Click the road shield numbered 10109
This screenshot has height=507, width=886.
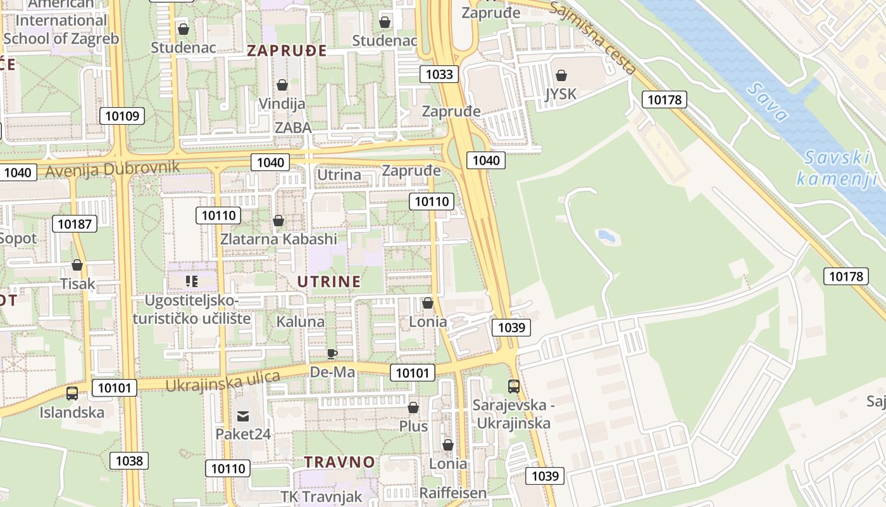tap(122, 115)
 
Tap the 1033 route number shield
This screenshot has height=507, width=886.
tap(439, 74)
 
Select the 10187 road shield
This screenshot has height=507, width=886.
tap(75, 223)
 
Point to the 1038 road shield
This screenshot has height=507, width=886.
tap(129, 461)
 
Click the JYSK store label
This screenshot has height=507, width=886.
tap(561, 94)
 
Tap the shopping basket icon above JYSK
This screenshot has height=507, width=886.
tap(561, 76)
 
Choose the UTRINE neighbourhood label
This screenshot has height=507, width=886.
tap(329, 281)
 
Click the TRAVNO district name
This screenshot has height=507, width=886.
tap(339, 462)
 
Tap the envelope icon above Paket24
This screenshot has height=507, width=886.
tap(242, 416)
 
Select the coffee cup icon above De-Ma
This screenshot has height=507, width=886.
tap(332, 354)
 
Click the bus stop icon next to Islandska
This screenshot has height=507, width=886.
tap(72, 394)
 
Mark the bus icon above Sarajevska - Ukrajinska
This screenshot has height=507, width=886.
tap(513, 386)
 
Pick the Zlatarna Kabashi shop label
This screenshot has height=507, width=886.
tap(278, 239)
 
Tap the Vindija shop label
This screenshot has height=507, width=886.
tap(282, 103)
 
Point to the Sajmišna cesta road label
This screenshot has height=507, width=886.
tap(592, 37)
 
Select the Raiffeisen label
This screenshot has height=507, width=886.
tap(453, 493)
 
